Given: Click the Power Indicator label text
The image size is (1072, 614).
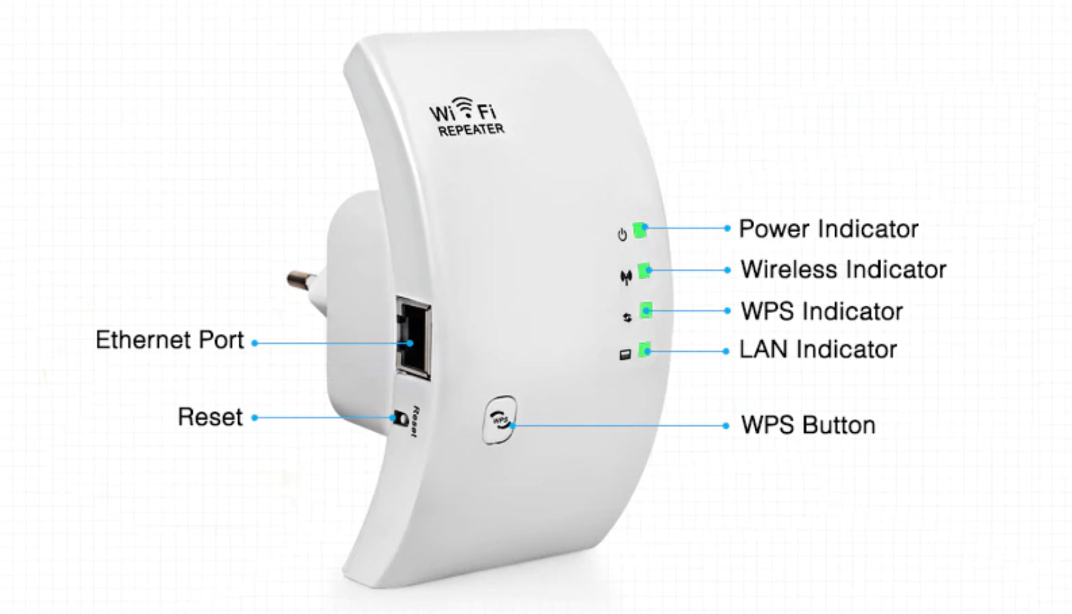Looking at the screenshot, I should click(x=828, y=229).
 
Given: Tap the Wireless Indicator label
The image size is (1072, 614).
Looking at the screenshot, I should click(x=843, y=270).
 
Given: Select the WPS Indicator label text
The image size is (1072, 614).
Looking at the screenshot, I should click(x=822, y=311).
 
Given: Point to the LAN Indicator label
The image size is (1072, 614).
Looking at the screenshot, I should click(x=817, y=349).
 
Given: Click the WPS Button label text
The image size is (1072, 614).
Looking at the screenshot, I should click(x=808, y=426).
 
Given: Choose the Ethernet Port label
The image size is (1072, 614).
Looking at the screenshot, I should click(x=169, y=340).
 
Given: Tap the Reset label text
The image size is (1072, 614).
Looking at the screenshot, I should click(x=210, y=418).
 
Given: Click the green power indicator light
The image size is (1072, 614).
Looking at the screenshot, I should click(x=640, y=230).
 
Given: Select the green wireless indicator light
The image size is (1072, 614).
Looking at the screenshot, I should click(x=644, y=270).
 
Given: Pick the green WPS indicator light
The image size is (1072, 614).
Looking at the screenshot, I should click(x=646, y=310).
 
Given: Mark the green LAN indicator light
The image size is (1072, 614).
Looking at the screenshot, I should click(x=644, y=350).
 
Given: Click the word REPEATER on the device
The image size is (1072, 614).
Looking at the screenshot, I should click(x=471, y=130).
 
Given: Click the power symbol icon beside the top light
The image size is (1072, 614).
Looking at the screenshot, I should click(x=622, y=235).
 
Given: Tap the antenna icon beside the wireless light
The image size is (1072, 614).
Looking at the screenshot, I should click(x=625, y=278).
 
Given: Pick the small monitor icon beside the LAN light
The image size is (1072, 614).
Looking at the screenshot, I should click(x=625, y=355).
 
